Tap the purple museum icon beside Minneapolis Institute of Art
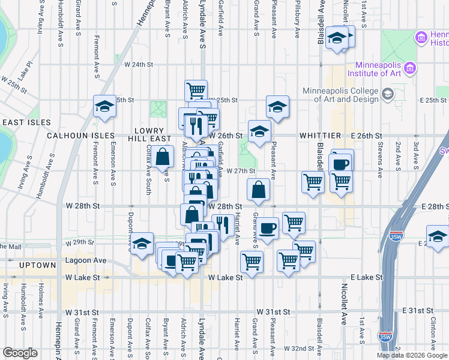(411, 68)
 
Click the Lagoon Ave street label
(86, 260)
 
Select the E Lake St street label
(367, 278)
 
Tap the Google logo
(20, 352)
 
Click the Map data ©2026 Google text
(412, 355)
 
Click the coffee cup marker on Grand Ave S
(268, 228)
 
